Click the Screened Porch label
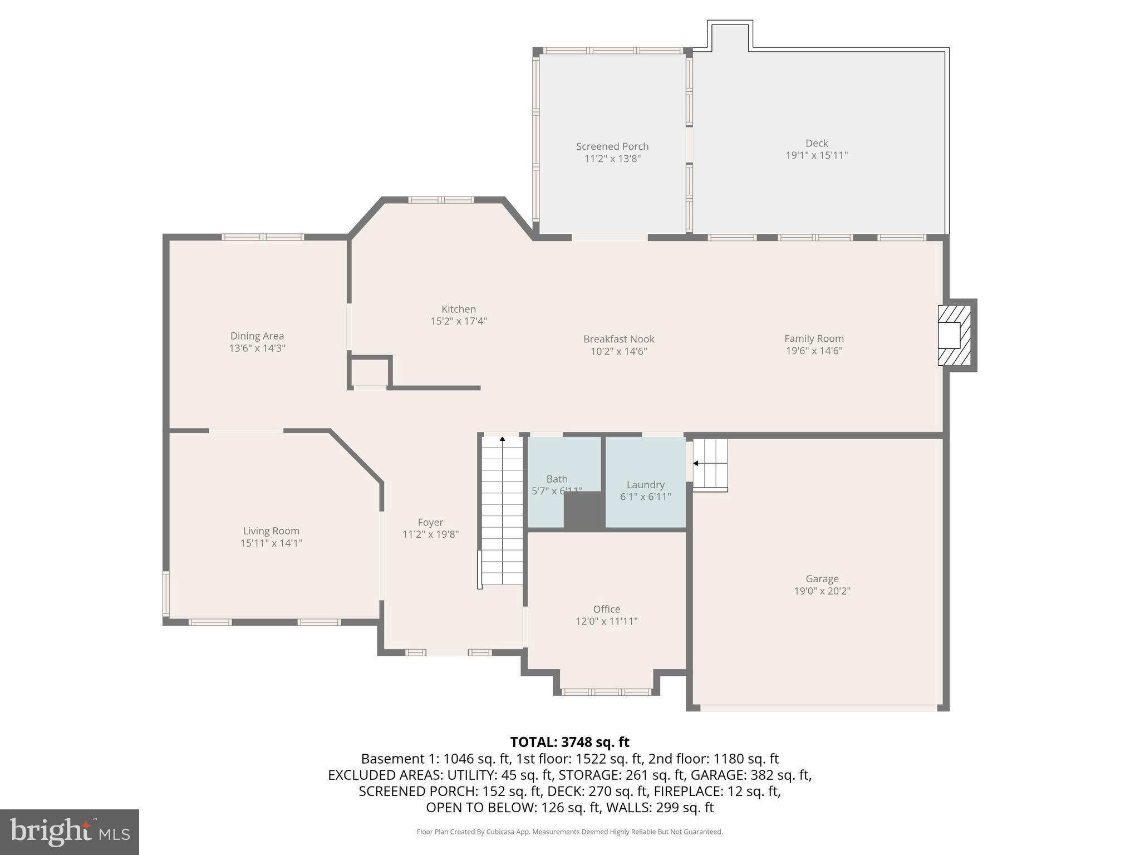point(612,146)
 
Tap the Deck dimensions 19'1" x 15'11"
point(816,155)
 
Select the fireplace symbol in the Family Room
point(955,335)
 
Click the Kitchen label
point(458,309)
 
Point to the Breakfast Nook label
point(618,339)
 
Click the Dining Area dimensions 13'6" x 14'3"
point(257,348)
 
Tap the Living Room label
point(271,531)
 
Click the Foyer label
point(430,522)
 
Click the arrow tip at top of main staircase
point(502,439)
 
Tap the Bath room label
point(557,479)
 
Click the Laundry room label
point(645,484)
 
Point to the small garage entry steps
point(710,463)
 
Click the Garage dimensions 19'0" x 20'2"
point(822,591)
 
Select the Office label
point(606,609)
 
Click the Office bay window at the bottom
point(606,692)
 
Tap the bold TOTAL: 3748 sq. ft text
point(569,742)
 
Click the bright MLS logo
point(70,832)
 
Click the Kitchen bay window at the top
point(441,200)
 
